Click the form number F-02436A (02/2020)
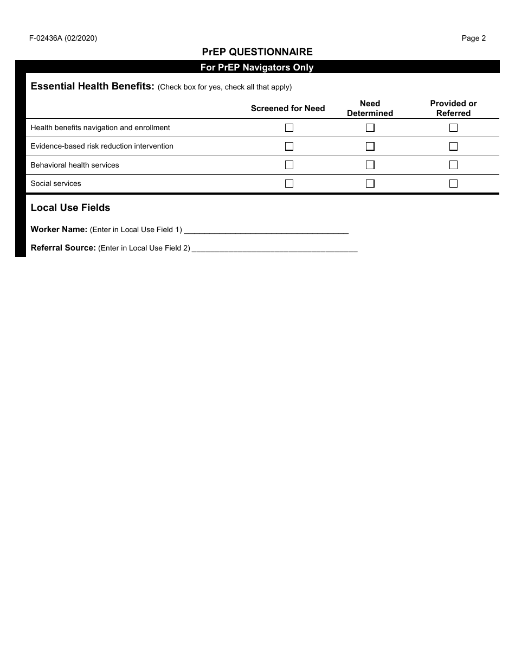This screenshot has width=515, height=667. [x=63, y=38]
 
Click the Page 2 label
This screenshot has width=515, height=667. [x=473, y=38]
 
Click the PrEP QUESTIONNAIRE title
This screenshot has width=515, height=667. [x=257, y=52]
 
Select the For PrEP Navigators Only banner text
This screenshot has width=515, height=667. [x=257, y=68]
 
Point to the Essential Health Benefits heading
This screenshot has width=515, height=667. [x=93, y=86]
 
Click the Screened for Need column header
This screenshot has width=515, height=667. [x=288, y=108]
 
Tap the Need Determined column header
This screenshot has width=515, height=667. [x=370, y=108]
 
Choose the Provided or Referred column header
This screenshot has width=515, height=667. [x=453, y=108]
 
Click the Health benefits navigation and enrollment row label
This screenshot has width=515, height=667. [x=100, y=128]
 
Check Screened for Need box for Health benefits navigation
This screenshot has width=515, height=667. [x=289, y=128]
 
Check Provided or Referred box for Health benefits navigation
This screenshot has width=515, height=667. [x=453, y=128]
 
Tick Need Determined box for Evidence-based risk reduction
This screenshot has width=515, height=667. [x=370, y=146]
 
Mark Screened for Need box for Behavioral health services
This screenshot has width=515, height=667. [x=289, y=165]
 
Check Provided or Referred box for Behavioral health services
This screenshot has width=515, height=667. [x=453, y=165]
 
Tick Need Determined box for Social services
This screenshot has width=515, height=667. [x=370, y=183]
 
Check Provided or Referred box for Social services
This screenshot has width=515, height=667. [x=453, y=183]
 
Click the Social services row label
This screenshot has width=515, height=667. [x=56, y=184]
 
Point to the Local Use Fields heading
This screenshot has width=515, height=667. [x=70, y=208]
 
